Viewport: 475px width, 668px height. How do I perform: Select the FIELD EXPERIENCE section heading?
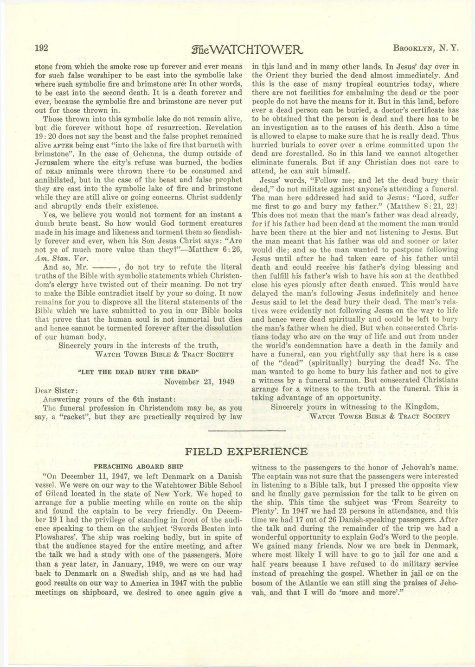(x=246, y=451)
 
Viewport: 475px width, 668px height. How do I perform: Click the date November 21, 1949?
(x=199, y=382)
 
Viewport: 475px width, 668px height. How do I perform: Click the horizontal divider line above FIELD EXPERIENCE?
(x=247, y=431)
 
